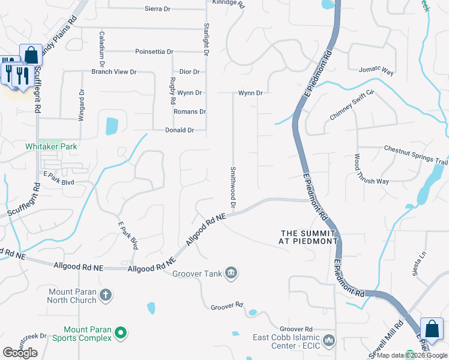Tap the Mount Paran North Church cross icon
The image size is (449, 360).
[105, 295]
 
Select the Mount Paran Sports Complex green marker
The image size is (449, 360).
[121, 332]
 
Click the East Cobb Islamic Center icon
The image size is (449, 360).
[328, 341]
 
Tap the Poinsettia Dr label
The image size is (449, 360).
[154, 52]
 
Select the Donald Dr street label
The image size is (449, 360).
[180, 130]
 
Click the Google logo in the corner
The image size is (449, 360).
[20, 353]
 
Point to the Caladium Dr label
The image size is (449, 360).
[103, 49]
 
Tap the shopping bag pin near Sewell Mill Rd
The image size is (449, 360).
[432, 329]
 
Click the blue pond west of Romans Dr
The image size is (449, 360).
[112, 126]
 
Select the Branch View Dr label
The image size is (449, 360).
[114, 72]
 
